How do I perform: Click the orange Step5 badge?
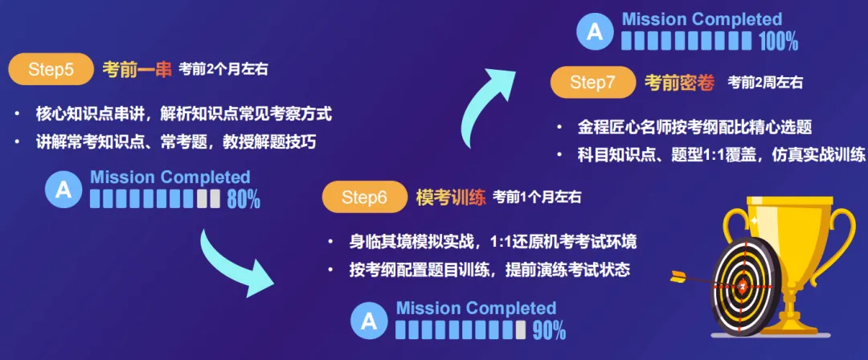coord(51,69)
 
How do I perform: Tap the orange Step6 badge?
coord(364,197)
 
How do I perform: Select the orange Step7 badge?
coord(592,83)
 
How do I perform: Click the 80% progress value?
coord(244,198)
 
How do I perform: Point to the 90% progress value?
coord(549,330)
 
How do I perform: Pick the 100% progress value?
coord(778,41)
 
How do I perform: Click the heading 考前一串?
coord(137,70)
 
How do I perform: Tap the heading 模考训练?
coord(451,197)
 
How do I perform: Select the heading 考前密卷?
coord(679,83)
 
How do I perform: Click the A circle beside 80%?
coord(63,190)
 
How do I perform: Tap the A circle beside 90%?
coord(369,321)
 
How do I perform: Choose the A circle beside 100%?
coord(595,31)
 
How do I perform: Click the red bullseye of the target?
coord(743,286)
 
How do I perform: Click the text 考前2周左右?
coord(765,83)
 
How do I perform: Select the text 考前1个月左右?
coord(537,197)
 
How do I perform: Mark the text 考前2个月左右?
coord(223,70)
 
